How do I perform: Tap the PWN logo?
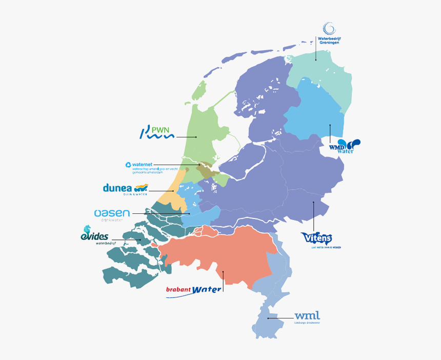point(158,132)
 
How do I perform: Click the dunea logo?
point(126,189)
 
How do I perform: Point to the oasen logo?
point(112,214)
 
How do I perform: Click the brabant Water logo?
point(194,290)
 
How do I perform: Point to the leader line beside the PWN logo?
point(187,137)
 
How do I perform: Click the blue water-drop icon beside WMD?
point(354,144)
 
